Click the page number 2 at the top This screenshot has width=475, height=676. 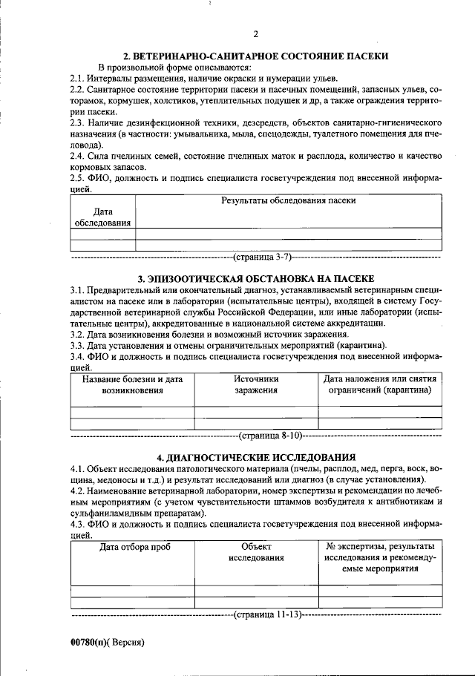pos(255,34)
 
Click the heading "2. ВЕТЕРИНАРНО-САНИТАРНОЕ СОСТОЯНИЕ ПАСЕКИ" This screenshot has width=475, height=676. pos(255,56)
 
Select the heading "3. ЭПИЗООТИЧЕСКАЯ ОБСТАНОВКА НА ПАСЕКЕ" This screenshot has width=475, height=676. pos(255,277)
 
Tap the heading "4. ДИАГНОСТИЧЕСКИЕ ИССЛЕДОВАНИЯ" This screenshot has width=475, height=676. pos(255,457)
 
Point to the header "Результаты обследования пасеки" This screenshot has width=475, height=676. pos(289,200)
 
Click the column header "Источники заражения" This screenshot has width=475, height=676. pos(256,384)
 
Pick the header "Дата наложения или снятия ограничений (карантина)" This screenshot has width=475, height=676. pos(380,384)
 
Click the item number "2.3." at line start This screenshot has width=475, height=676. pos(79,120)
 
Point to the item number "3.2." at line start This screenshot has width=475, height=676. pos(79,335)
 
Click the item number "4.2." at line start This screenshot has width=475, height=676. pos(79,491)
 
